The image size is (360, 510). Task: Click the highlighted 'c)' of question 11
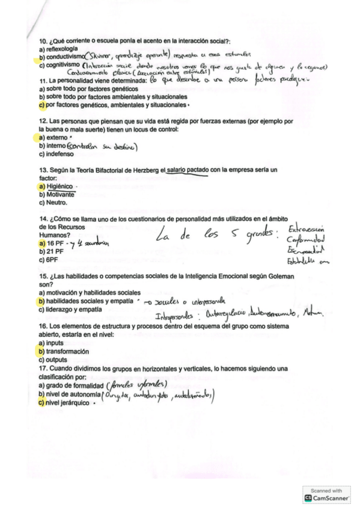41,105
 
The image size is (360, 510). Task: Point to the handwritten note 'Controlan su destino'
103,146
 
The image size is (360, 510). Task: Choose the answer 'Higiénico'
63,187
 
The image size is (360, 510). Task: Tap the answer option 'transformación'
67,351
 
